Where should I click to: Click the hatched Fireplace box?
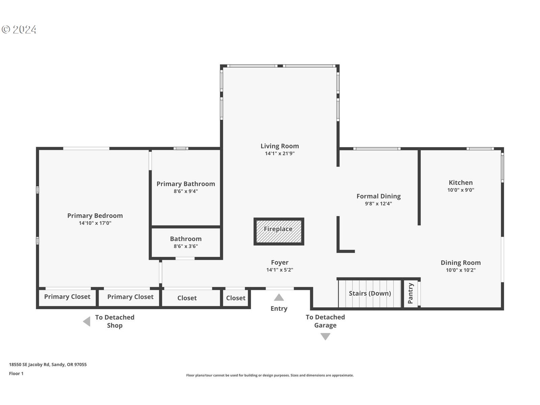(x=279, y=232)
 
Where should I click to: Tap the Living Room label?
(x=280, y=146)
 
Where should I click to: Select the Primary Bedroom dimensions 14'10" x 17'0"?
(x=95, y=223)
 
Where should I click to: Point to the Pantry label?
(x=410, y=293)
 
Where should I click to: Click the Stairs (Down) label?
(x=370, y=293)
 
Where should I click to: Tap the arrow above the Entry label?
(x=279, y=297)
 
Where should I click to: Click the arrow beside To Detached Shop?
(x=87, y=321)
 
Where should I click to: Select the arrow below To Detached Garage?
(x=325, y=336)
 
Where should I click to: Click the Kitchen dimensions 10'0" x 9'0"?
(x=461, y=190)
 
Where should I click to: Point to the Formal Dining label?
(x=378, y=196)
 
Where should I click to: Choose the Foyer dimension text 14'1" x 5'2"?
(x=280, y=270)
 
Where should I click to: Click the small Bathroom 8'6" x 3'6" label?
(x=186, y=242)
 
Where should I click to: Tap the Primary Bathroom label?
(x=186, y=184)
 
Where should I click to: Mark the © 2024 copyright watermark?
(x=19, y=29)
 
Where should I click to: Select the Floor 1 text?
(x=16, y=374)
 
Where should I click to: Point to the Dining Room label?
(x=461, y=263)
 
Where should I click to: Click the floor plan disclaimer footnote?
(x=270, y=375)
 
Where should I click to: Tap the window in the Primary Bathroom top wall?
(x=181, y=148)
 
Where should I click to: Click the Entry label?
(x=279, y=308)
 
